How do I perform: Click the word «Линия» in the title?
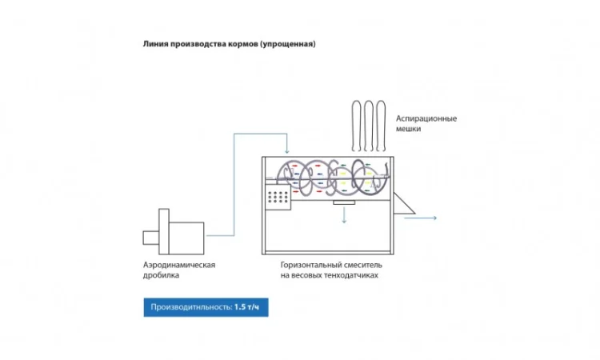pyautogui.click(x=156, y=45)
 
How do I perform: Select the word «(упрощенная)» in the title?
pyautogui.click(x=290, y=45)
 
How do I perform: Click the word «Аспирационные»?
pyautogui.click(x=426, y=118)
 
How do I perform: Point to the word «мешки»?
pyautogui.click(x=408, y=129)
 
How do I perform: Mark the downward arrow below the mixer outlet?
pyautogui.click(x=344, y=217)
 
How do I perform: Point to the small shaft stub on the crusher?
pyautogui.click(x=150, y=237)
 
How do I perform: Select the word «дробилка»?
pyautogui.click(x=161, y=275)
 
